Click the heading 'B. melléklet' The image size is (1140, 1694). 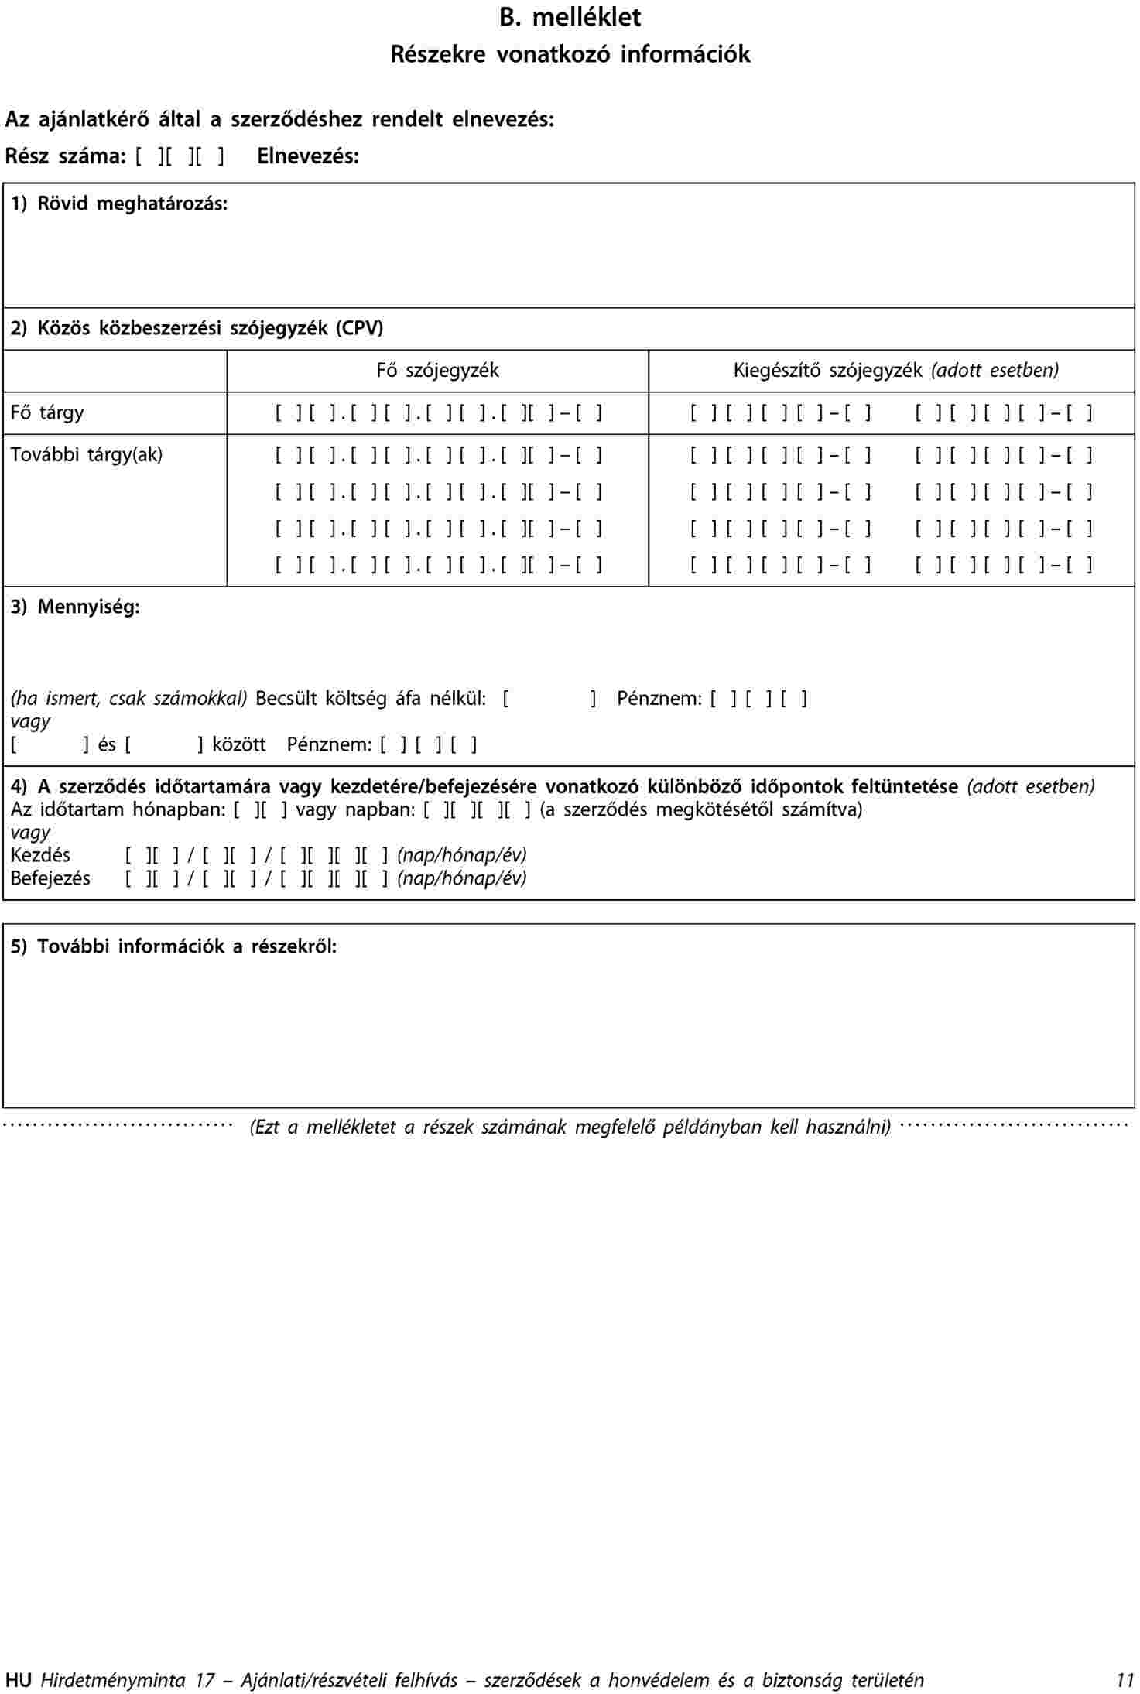tap(570, 17)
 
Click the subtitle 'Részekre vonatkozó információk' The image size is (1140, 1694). tap(570, 54)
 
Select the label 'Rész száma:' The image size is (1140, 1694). tap(65, 156)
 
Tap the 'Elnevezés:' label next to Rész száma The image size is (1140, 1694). tap(308, 156)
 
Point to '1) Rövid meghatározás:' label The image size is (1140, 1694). tap(119, 204)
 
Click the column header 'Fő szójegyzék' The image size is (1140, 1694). tap(437, 371)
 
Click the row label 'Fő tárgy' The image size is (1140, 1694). tap(47, 412)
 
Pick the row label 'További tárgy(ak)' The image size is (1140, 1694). tap(87, 454)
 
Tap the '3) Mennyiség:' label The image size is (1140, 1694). tap(75, 607)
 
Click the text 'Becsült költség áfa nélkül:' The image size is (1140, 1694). tap(371, 699)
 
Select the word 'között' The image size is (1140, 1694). tap(238, 745)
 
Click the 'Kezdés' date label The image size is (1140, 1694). tap(40, 856)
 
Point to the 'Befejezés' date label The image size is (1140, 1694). tap(50, 879)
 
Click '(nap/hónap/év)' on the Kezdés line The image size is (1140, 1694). tap(462, 856)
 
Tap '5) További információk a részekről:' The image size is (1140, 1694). tap(174, 946)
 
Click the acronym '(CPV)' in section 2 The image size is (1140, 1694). tap(359, 329)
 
